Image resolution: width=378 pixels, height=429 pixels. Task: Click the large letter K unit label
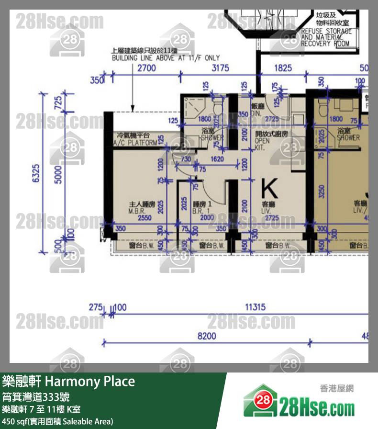click(x=270, y=188)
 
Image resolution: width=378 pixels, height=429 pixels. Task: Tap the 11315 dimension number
click(x=255, y=307)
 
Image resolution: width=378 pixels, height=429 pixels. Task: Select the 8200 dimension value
click(x=207, y=336)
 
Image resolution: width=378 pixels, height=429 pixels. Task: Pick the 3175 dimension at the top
click(x=220, y=68)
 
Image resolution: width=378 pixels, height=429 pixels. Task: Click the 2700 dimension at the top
click(x=146, y=68)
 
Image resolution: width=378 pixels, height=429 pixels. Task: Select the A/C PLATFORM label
click(x=134, y=140)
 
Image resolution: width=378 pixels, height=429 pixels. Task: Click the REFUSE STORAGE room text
click(x=326, y=37)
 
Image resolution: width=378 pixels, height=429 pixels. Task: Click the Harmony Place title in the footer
click(x=68, y=382)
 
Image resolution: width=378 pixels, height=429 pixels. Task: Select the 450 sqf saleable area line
click(x=58, y=421)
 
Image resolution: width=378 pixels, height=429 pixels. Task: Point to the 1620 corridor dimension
click(x=217, y=159)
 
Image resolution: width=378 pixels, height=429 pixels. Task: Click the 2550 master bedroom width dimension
click(x=145, y=218)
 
